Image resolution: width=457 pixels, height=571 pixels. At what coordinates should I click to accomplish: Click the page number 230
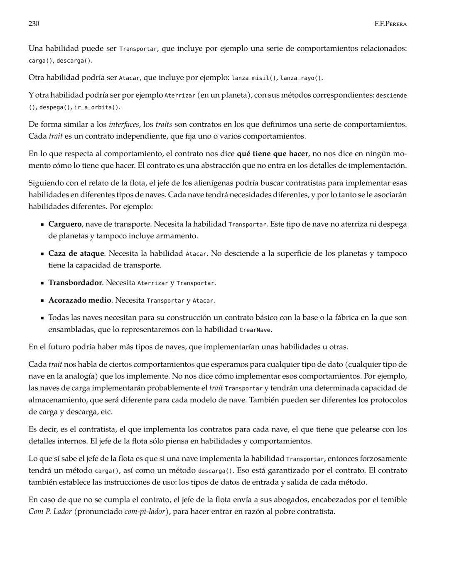point(34,24)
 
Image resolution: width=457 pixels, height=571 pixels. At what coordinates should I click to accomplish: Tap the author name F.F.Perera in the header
point(391,24)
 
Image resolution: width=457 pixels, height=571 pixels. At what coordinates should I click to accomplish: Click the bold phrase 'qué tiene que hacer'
point(272,154)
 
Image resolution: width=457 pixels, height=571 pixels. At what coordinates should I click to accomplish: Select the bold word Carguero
point(65,224)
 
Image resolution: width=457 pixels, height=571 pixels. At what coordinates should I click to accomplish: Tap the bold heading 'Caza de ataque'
point(76,253)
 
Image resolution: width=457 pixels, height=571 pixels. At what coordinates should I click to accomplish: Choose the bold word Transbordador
point(75,283)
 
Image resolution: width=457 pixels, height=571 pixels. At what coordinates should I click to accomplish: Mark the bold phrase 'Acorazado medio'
point(80,300)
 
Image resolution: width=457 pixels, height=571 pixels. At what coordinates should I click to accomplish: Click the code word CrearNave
point(256,330)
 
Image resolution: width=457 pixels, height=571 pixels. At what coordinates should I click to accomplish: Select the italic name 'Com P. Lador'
point(50,511)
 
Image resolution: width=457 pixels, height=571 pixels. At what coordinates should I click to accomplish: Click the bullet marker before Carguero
point(42,225)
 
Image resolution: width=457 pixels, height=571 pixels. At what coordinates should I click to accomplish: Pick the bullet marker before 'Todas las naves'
point(42,318)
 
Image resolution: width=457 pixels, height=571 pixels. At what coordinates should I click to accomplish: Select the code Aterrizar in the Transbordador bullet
point(152,283)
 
